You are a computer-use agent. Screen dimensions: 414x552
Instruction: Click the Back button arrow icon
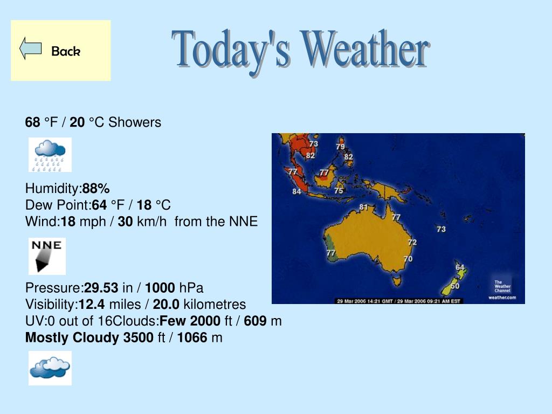tap(31, 49)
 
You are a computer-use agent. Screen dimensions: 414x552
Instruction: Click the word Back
tap(66, 51)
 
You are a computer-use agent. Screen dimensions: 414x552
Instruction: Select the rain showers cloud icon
tap(50, 155)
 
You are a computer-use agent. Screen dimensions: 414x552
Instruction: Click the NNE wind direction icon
tap(47, 256)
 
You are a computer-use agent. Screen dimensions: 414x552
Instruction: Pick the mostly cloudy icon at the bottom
tap(50, 368)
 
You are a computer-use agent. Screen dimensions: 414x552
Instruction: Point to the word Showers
tap(135, 122)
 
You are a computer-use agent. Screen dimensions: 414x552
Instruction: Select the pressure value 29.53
tap(101, 288)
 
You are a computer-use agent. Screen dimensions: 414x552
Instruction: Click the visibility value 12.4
tap(92, 305)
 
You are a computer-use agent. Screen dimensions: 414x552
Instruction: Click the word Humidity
tap(52, 189)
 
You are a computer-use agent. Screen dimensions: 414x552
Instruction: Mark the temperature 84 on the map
tap(296, 191)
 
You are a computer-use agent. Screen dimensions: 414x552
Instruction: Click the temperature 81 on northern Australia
tap(363, 207)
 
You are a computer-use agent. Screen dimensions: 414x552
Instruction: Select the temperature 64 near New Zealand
tap(460, 267)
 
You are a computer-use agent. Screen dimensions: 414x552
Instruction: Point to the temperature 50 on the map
tap(455, 286)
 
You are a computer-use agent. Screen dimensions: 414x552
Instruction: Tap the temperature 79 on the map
tap(340, 146)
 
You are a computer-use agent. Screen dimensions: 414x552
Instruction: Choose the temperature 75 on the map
tap(339, 190)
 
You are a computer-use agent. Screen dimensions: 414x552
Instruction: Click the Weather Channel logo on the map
tap(502, 289)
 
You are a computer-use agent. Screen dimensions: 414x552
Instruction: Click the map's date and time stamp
tap(399, 301)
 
